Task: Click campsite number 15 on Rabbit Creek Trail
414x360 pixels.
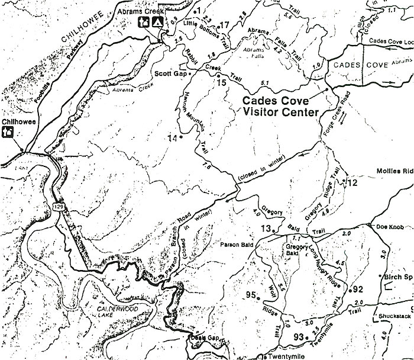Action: [222, 82]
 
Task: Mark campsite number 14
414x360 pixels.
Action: [173, 139]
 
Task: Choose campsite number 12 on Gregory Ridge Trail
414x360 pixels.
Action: [352, 182]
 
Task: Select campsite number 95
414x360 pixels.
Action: [251, 295]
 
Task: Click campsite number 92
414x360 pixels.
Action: [357, 289]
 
